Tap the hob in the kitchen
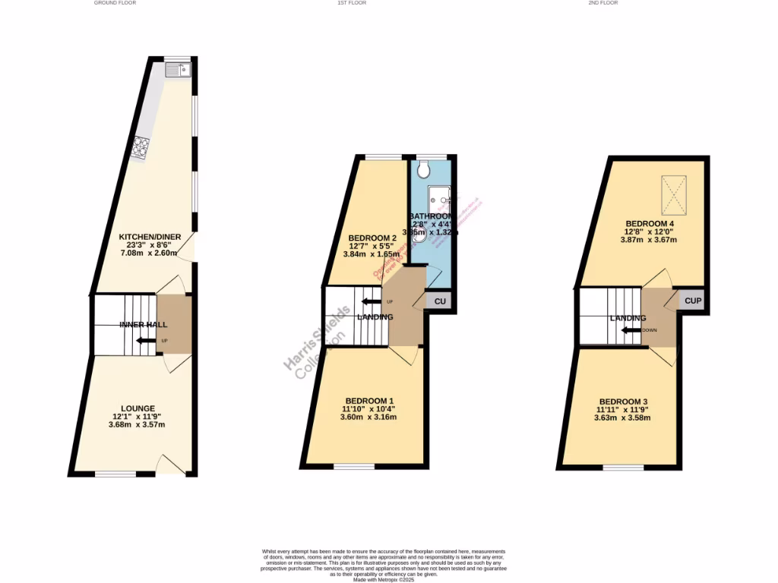141,147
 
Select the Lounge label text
138,408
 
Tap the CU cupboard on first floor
439,301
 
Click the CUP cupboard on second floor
692,301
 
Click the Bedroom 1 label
369,400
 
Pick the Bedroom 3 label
623,402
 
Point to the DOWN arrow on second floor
631,330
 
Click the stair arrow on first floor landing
372,301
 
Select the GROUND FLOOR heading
115,3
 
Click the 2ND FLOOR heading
603,3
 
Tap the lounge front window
115,474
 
